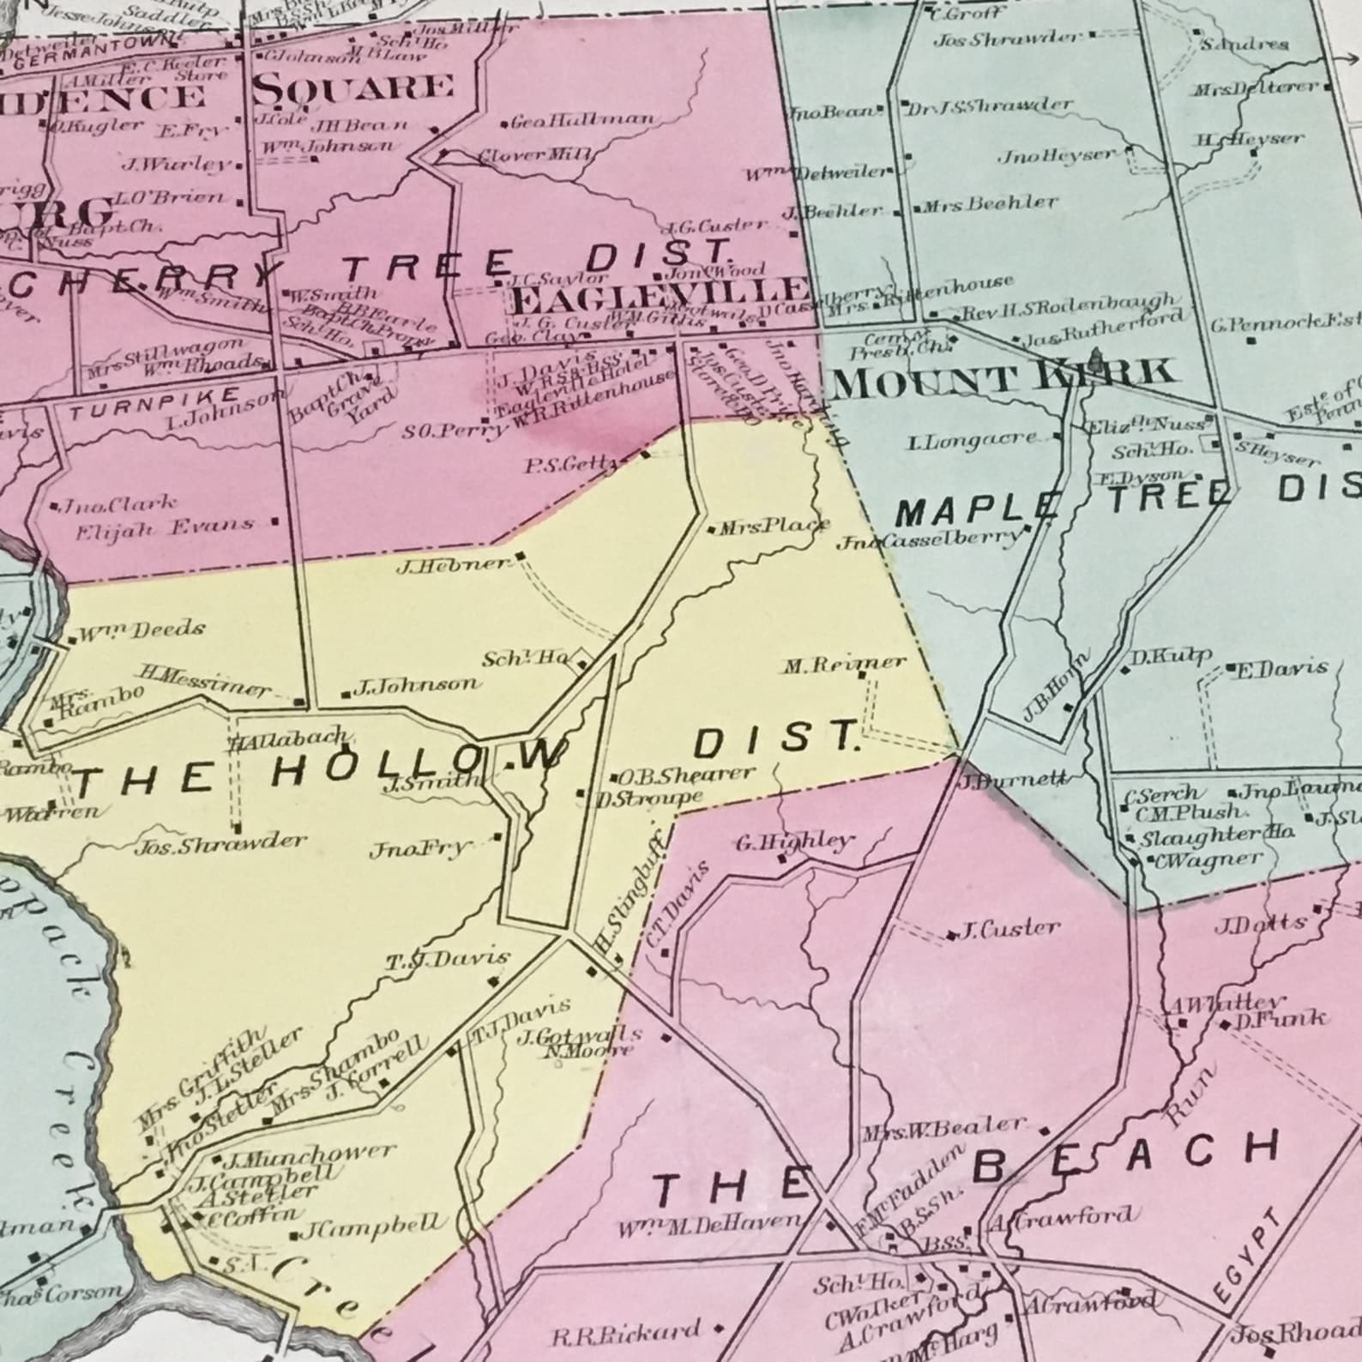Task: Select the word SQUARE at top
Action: (x=353, y=87)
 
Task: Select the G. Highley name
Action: (x=795, y=841)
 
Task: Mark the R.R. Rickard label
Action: (x=626, y=1332)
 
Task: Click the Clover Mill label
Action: (x=523, y=156)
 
